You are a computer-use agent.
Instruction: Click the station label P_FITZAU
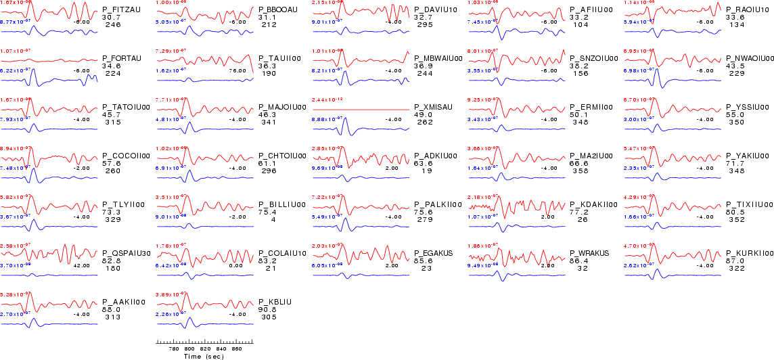[122, 9]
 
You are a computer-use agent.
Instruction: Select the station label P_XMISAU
[434, 107]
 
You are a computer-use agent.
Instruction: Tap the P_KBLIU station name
[275, 302]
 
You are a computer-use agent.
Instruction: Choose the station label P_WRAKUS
[589, 253]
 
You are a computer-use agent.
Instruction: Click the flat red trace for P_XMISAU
[361, 109]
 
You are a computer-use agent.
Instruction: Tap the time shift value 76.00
[237, 70]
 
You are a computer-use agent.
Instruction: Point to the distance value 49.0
[422, 115]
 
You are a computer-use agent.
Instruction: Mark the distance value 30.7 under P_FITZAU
[110, 17]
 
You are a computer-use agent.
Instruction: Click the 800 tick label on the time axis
[189, 348]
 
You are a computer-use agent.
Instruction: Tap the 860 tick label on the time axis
[237, 348]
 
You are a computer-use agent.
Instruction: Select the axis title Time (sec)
[204, 356]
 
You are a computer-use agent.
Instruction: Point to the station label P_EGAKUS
[434, 253]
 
